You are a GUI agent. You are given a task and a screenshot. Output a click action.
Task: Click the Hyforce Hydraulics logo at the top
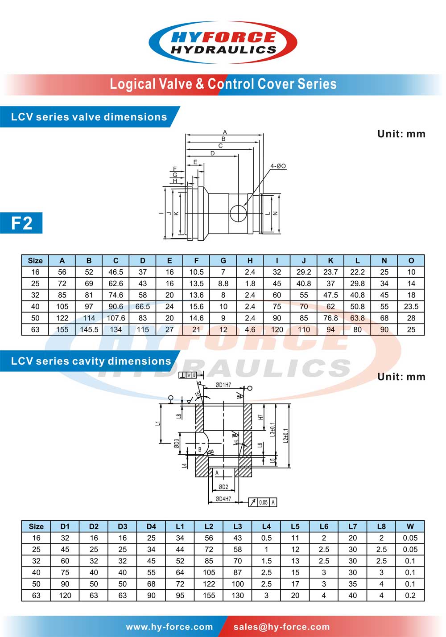click(223, 42)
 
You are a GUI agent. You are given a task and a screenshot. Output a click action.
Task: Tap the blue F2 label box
click(21, 222)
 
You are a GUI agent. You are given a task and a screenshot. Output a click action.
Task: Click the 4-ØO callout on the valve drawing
click(278, 166)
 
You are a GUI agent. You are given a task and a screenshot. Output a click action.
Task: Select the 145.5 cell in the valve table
click(89, 329)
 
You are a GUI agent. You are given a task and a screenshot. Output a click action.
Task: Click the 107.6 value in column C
click(116, 318)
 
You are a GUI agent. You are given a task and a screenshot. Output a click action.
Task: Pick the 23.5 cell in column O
click(411, 306)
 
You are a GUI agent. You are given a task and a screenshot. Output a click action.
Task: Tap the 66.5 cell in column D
click(143, 306)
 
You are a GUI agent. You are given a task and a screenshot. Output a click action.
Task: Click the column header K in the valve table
click(330, 260)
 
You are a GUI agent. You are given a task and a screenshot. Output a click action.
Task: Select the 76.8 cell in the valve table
click(330, 318)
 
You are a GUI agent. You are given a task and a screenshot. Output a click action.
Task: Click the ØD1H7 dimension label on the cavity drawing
click(223, 385)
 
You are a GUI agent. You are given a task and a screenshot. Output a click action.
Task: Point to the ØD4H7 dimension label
click(223, 499)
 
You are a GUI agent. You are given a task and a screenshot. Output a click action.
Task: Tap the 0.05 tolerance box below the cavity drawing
click(264, 502)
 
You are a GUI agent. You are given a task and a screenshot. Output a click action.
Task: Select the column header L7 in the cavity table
click(352, 526)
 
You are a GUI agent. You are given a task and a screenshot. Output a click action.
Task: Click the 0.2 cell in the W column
click(410, 595)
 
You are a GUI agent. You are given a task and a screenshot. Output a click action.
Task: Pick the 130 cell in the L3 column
click(237, 595)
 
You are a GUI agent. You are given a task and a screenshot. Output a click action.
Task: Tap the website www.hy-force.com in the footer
click(169, 627)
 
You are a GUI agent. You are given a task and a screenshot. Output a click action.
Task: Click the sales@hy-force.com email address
click(281, 627)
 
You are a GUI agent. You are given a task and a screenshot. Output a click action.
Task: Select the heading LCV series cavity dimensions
click(91, 361)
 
